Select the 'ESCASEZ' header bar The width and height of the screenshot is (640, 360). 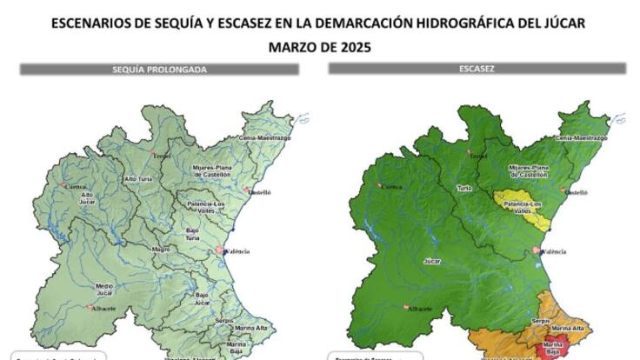coord(477,68)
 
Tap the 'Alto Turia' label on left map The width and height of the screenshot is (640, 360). coord(139,178)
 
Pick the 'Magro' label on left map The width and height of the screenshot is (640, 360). coord(161,250)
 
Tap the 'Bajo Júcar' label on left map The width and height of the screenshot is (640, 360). coord(201,301)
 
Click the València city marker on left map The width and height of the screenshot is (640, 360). coord(219,251)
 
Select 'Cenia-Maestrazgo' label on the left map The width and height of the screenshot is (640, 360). coord(266,138)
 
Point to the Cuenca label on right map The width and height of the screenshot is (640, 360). coord(396,187)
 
